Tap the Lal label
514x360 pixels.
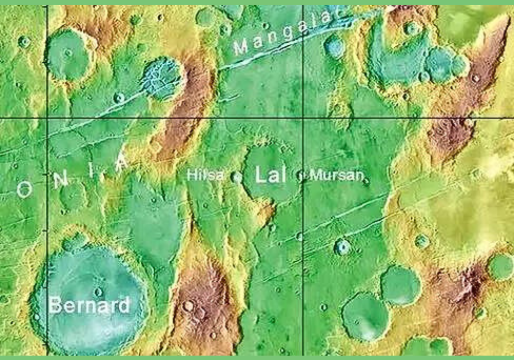point(268,175)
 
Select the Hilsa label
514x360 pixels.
point(205,175)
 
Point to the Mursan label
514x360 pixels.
point(334,175)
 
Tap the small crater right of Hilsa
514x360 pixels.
point(236,177)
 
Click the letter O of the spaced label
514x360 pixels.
point(24,189)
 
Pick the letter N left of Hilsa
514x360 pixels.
point(61,179)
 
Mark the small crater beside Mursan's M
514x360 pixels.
point(301,176)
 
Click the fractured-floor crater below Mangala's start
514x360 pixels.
point(163,78)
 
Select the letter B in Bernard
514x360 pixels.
point(56,305)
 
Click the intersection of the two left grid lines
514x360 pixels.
point(47,118)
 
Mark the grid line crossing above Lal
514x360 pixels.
point(303,118)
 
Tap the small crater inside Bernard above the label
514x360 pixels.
point(98,291)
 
